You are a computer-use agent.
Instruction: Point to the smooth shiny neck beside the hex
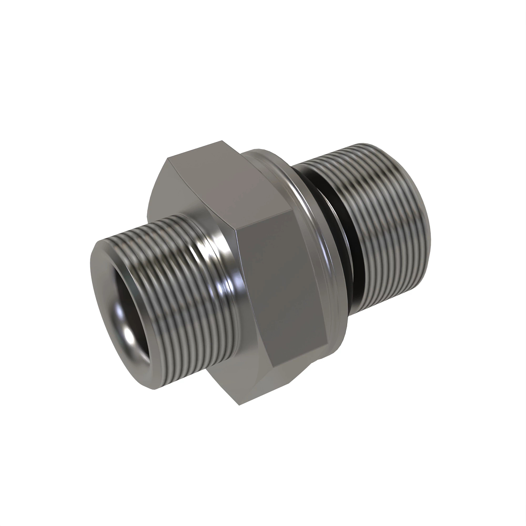(x=219, y=272)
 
